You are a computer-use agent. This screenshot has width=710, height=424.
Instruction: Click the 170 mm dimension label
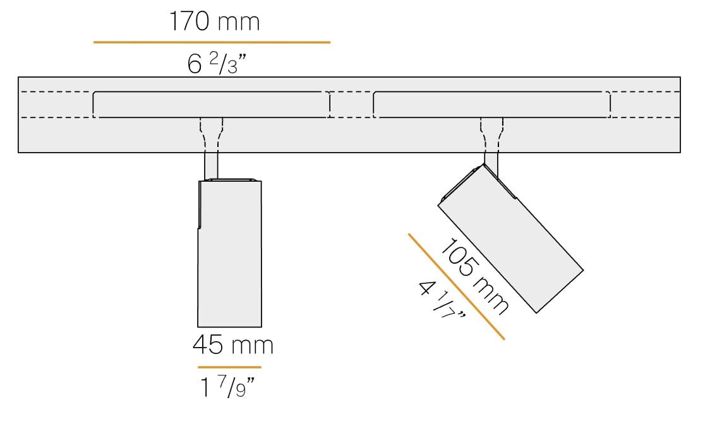tap(214, 22)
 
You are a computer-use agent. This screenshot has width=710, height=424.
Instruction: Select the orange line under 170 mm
tap(212, 42)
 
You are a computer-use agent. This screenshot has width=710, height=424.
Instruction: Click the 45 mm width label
tap(232, 345)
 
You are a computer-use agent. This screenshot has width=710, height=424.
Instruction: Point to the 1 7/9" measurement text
tap(228, 388)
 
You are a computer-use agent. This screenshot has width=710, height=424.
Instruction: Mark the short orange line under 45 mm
tap(229, 367)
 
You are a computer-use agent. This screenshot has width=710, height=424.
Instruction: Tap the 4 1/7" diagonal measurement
tap(442, 300)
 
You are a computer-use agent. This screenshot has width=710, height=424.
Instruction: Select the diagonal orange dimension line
tap(456, 286)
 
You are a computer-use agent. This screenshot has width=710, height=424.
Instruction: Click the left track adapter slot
tap(211, 104)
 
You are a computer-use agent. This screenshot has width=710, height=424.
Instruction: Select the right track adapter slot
tap(491, 104)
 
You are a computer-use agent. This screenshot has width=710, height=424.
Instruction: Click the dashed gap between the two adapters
tap(352, 105)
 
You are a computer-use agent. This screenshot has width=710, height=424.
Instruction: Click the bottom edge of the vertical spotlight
tap(230, 327)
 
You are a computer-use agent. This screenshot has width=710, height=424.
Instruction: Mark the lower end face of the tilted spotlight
tap(560, 291)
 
